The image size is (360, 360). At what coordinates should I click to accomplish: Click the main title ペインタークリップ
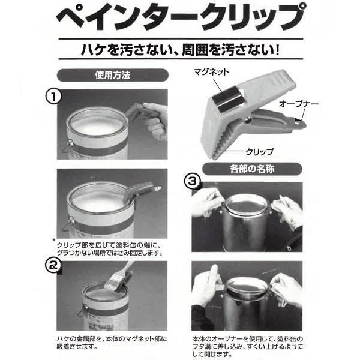[x=179, y=19]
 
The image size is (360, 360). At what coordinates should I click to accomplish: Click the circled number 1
[x=55, y=98]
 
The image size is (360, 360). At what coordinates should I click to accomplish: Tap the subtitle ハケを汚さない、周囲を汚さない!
[x=180, y=47]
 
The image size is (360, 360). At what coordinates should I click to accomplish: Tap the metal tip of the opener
[x=299, y=124]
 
